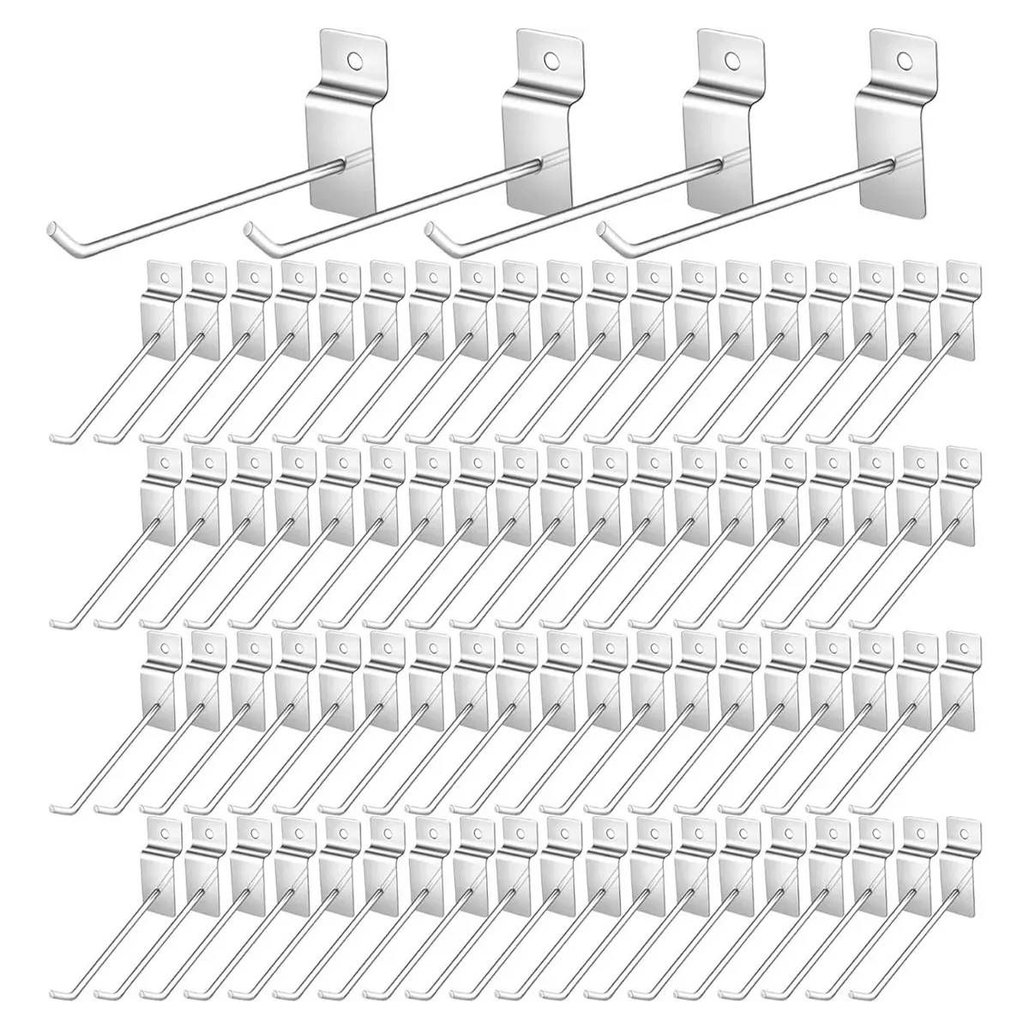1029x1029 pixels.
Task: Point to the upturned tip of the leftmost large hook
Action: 50,229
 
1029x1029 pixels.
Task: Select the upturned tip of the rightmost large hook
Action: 605,232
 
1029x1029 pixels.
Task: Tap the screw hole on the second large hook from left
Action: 549,61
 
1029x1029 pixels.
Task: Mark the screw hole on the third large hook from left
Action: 731,60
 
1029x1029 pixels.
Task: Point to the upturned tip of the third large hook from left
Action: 431,232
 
